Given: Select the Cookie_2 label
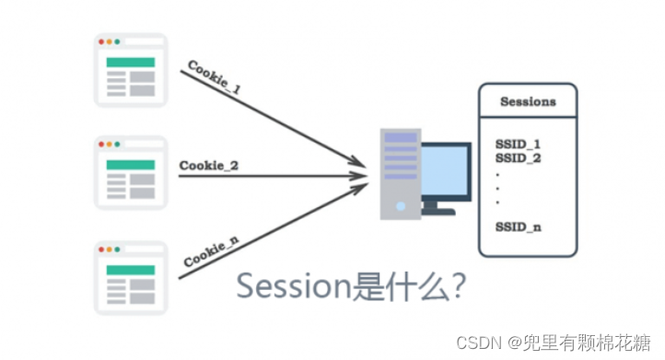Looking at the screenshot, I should [209, 166].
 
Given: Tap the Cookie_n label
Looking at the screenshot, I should [213, 251].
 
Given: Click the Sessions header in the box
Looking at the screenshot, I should [528, 101].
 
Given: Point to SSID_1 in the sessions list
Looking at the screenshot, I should [517, 145].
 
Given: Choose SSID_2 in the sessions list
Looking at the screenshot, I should [517, 158].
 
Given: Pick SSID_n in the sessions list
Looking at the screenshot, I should [517, 226].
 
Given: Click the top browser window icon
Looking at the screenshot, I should [131, 70].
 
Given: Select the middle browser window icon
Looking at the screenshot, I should [131, 173].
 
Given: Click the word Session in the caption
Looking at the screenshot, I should [294, 287].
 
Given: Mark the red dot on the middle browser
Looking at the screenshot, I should [101, 145].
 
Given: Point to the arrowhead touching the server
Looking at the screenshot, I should [361, 171].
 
